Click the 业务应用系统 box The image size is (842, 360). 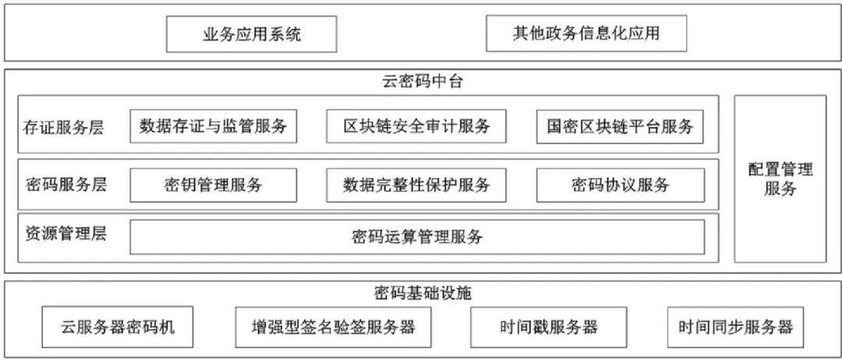[x=251, y=34]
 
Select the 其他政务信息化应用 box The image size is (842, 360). [x=586, y=34]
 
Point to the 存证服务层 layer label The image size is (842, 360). [x=64, y=127]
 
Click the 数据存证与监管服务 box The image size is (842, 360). [x=213, y=126]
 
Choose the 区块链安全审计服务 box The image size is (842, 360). [x=416, y=126]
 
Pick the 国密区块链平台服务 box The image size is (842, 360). [x=620, y=126]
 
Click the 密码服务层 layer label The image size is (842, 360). [x=66, y=184]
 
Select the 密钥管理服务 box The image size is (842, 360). [x=213, y=185]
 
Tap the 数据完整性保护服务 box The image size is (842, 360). [x=416, y=185]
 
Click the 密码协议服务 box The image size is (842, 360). [x=621, y=185]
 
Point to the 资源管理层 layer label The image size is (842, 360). [x=65, y=235]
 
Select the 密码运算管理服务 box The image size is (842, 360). [x=417, y=237]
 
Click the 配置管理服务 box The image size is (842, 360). [x=780, y=179]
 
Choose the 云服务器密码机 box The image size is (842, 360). [x=117, y=326]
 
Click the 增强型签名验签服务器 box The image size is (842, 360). [x=333, y=326]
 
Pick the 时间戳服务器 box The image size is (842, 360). [x=548, y=326]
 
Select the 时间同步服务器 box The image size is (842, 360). [x=735, y=326]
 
